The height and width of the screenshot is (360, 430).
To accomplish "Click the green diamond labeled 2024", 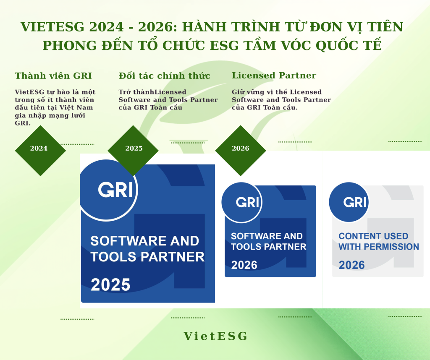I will pyautogui.click(x=40, y=149).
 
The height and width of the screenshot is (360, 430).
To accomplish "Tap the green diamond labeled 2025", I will pyautogui.click(x=134, y=149).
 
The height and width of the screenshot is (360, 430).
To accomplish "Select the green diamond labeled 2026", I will pyautogui.click(x=240, y=149).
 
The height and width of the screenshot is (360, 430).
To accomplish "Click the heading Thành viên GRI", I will pyautogui.click(x=53, y=76).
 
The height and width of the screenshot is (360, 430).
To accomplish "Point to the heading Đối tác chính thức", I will pyautogui.click(x=165, y=76).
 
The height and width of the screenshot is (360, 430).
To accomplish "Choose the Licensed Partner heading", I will pyautogui.click(x=274, y=76).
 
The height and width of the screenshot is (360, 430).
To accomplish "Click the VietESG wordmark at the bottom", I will pyautogui.click(x=215, y=336).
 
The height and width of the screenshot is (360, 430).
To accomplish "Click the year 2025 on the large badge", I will pyautogui.click(x=110, y=285).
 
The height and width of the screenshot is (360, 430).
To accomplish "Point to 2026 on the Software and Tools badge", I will pyautogui.click(x=244, y=265).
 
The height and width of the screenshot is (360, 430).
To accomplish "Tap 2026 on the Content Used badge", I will pyautogui.click(x=352, y=265).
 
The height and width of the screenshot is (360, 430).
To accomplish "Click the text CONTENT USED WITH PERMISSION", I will pyautogui.click(x=378, y=241).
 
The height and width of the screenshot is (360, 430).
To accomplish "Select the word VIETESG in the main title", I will pyautogui.click(x=52, y=27).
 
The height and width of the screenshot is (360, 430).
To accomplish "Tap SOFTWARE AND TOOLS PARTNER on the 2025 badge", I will pyautogui.click(x=147, y=248).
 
